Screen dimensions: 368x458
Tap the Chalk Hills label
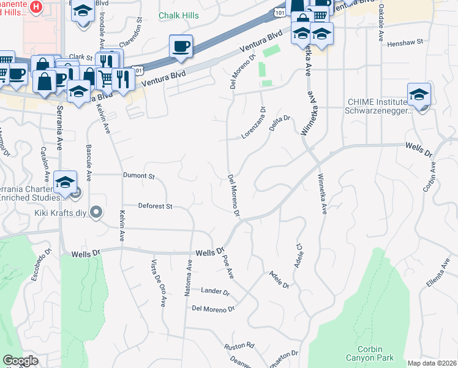tap(179, 15)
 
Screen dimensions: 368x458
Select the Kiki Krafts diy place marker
tap(96, 212)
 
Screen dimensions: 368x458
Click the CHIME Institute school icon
tap(419, 95)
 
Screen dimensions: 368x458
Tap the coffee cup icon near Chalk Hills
tap(181, 47)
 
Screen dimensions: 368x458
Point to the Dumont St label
tap(138, 175)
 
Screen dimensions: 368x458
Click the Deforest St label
tap(156, 206)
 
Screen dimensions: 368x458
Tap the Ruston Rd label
tap(238, 345)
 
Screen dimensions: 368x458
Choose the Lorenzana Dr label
tap(255, 123)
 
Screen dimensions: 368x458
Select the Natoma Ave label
tap(189, 276)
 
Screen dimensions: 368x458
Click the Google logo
tap(21, 361)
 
